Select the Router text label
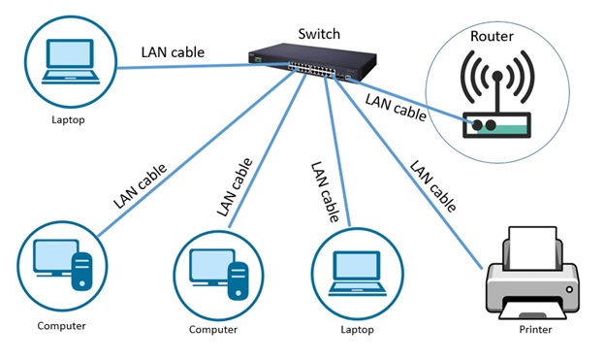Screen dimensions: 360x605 pyautogui.click(x=493, y=37)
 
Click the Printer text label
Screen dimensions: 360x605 pyautogui.click(x=534, y=330)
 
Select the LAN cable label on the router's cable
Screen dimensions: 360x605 pyautogui.click(x=395, y=104)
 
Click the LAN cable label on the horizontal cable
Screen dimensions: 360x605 pyautogui.click(x=173, y=52)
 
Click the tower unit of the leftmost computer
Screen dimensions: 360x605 pyautogui.click(x=82, y=265)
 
